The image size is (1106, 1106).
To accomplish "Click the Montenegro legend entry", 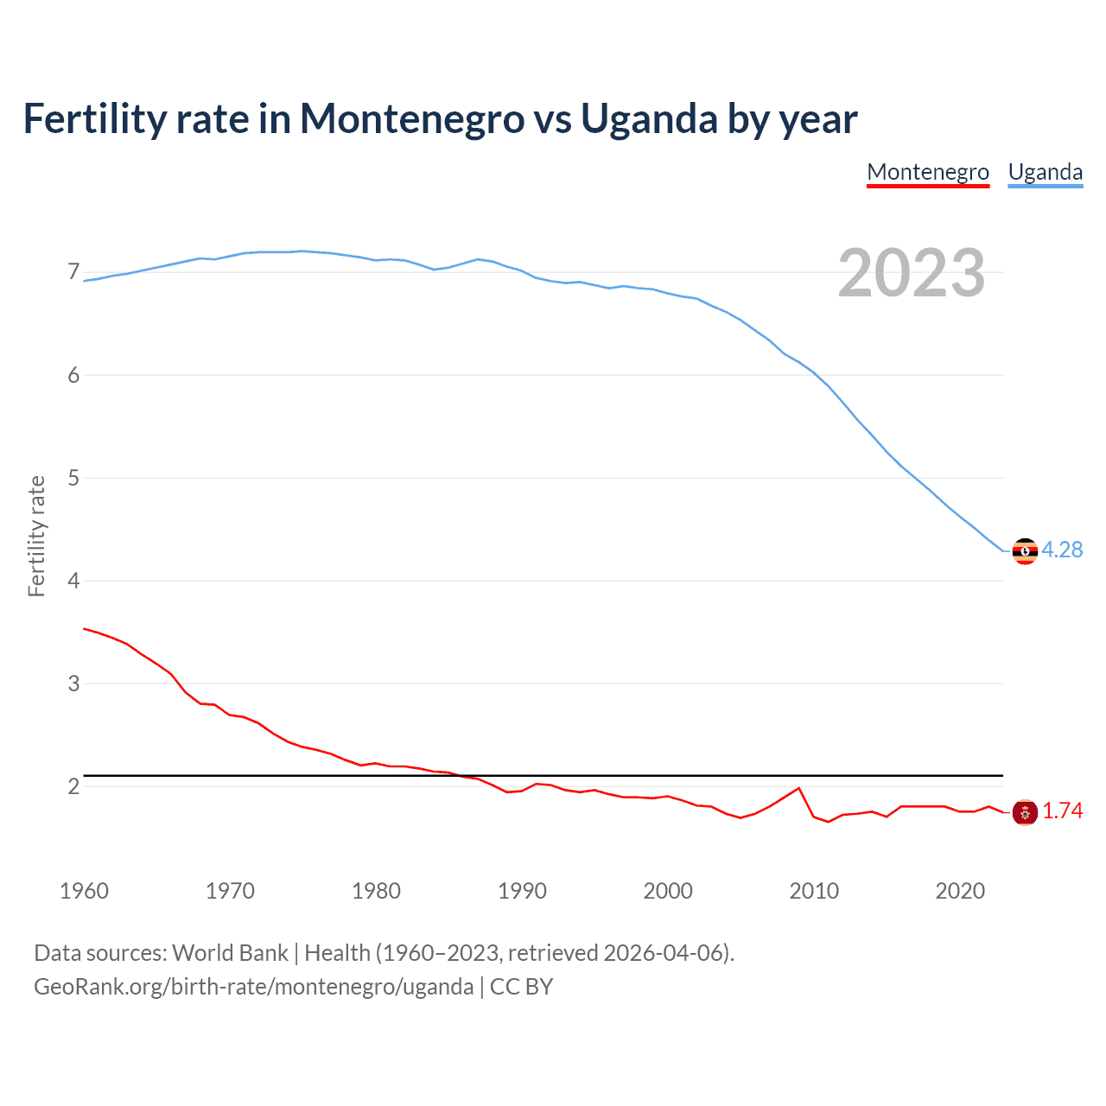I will pos(928,172).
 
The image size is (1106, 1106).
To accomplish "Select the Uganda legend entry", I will pos(1046,172).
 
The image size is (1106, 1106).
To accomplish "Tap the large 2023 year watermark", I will pos(912,273).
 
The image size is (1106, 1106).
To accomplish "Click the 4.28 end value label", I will pos(1062,550).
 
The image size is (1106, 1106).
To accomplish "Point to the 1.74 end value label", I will pos(1062,810).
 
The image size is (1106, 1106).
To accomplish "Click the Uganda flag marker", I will pos(1025,550).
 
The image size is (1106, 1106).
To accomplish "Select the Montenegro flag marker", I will pos(1025,812).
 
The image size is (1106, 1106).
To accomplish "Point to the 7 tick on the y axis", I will pos(73,272).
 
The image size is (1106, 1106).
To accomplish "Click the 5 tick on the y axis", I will pos(73,478).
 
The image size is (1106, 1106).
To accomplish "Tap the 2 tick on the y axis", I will pos(73,786).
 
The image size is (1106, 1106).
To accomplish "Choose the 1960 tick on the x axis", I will pos(84,891).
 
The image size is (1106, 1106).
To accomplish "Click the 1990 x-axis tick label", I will pos(522,891).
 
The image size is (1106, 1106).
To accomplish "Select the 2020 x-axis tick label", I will pos(960,891).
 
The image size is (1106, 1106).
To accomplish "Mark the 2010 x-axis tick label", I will pos(814,891).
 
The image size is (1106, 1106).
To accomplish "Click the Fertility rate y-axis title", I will pos(36,536).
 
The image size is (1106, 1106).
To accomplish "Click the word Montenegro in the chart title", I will pos(412,118).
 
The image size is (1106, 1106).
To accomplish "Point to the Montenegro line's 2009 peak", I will pos(799,788).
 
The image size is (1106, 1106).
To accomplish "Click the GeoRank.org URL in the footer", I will pos(253,987).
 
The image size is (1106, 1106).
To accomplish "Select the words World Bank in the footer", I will pos(230,953).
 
